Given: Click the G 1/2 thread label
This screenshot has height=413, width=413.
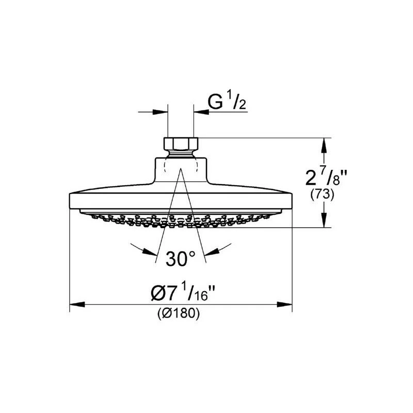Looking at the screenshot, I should click(x=227, y=103).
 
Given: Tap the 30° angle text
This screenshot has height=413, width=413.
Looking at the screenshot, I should click(x=180, y=259).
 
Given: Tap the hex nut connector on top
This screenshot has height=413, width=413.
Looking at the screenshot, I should click(x=181, y=143).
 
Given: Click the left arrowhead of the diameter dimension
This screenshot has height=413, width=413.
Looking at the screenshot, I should click(x=75, y=305).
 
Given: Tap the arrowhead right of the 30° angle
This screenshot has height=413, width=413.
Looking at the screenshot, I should click(x=211, y=252).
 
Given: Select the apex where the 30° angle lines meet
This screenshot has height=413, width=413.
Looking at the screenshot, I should click(x=181, y=170).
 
